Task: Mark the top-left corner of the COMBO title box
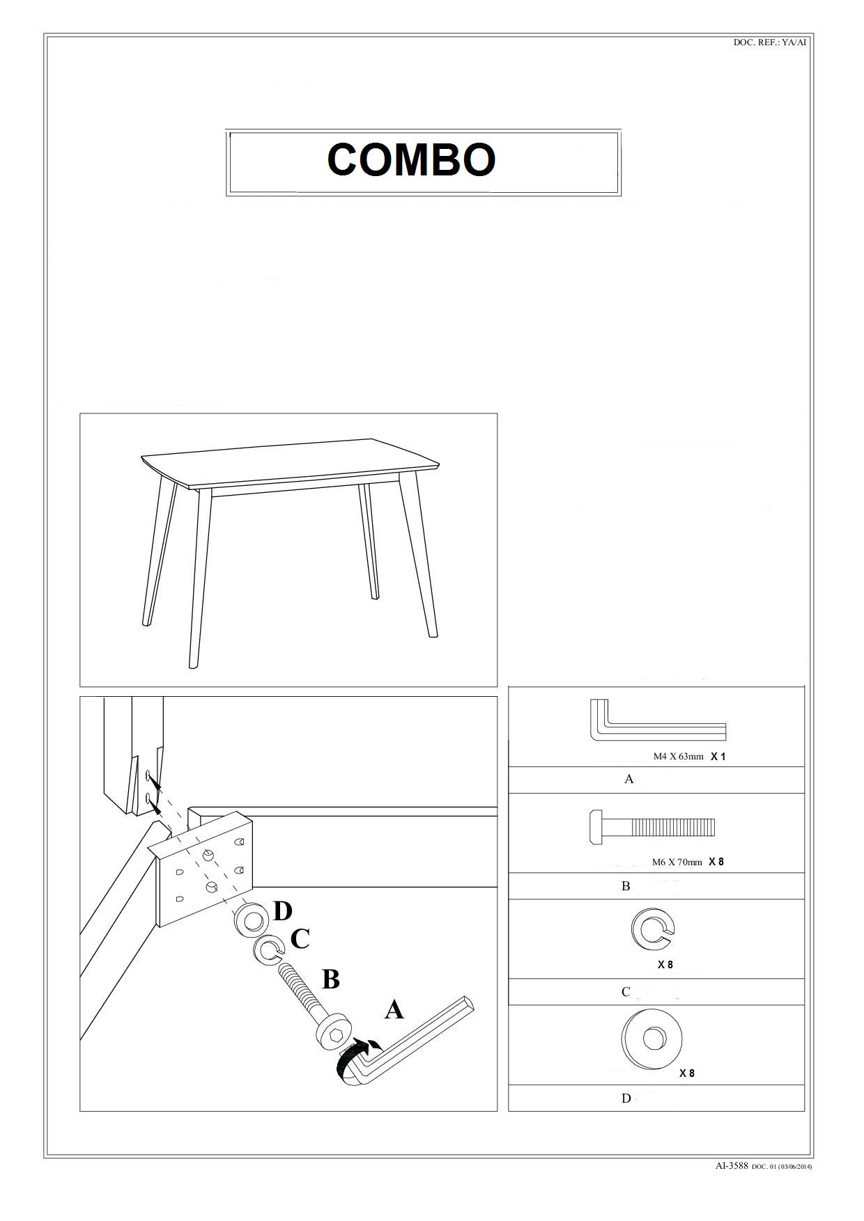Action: point(226,130)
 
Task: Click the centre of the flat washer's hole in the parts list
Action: point(654,1039)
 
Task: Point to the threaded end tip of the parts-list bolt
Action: point(715,828)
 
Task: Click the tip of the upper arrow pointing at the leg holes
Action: point(152,779)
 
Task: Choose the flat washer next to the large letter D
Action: point(250,920)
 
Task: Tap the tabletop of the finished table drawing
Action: point(290,461)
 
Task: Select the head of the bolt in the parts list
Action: point(596,828)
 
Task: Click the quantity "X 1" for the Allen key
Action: point(718,757)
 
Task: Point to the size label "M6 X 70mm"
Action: point(677,862)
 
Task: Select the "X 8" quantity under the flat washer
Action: point(687,1073)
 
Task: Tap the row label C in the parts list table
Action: point(626,992)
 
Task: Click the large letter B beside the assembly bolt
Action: point(330,979)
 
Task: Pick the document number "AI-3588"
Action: point(732,1165)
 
